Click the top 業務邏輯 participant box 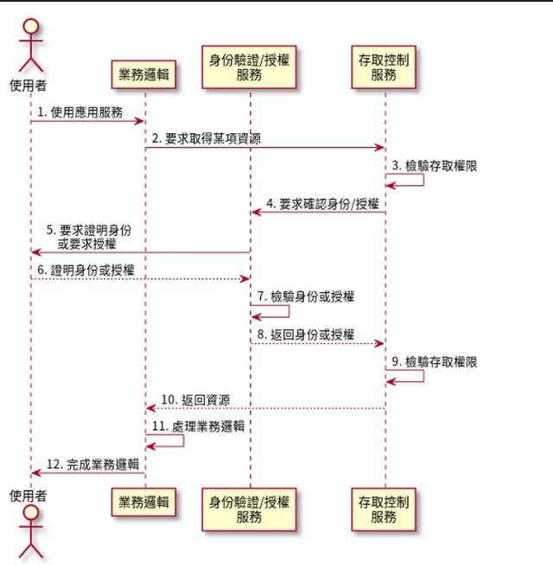pos(143,74)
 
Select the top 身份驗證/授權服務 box pos(249,67)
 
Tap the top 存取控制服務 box pos(384,67)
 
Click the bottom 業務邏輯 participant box pos(143,502)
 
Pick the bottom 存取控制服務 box pos(384,509)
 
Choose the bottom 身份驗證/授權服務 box pos(249,509)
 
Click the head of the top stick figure pos(31,26)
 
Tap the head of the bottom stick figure pos(31,513)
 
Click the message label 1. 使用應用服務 pos(80,112)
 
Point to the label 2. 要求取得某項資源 pos(207,138)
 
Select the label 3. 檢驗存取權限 pos(435,166)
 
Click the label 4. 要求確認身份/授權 pos(322,204)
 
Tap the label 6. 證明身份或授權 pos(86,270)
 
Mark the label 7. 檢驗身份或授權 pos(306,296)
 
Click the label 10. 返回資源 pos(195,400)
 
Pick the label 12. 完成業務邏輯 pos(92,464)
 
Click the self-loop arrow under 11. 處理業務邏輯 pos(184,441)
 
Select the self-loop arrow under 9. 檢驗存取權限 pos(423,376)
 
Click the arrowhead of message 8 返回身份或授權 pos(379,343)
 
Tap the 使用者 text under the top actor pos(29,86)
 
